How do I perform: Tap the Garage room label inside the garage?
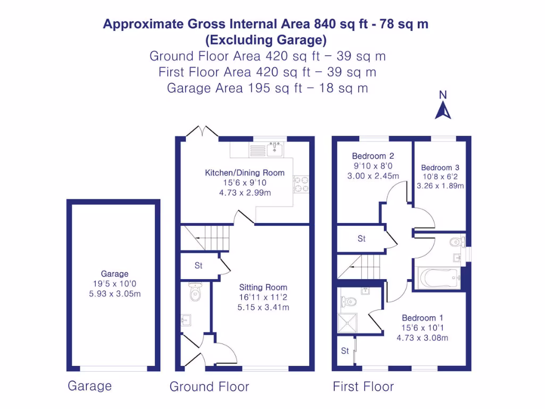point(114,274)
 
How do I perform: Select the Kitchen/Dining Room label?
point(245,173)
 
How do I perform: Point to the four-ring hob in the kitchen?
point(302,184)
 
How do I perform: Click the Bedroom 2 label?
point(373,156)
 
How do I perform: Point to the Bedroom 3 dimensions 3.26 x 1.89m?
point(440,186)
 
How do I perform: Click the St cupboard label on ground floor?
point(199,265)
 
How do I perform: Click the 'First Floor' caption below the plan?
point(363,387)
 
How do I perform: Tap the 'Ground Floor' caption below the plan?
point(209,387)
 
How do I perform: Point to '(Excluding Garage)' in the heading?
point(266,40)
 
